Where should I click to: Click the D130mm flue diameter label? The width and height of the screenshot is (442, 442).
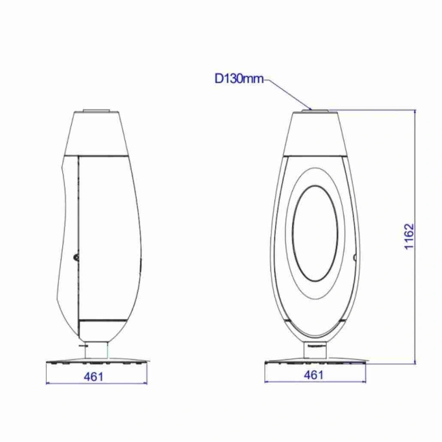click(239, 79)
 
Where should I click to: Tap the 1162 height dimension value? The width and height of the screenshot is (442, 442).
click(409, 237)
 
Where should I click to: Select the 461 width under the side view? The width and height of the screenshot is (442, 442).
click(94, 377)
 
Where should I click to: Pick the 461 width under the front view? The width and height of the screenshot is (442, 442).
click(313, 375)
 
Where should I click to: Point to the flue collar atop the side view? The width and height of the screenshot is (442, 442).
click(96, 110)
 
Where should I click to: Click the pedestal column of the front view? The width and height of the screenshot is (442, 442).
click(315, 350)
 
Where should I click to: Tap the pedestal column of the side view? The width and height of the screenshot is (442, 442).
click(96, 351)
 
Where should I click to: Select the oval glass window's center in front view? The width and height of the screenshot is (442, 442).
click(315, 233)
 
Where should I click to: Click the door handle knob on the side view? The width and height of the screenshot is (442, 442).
click(76, 257)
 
